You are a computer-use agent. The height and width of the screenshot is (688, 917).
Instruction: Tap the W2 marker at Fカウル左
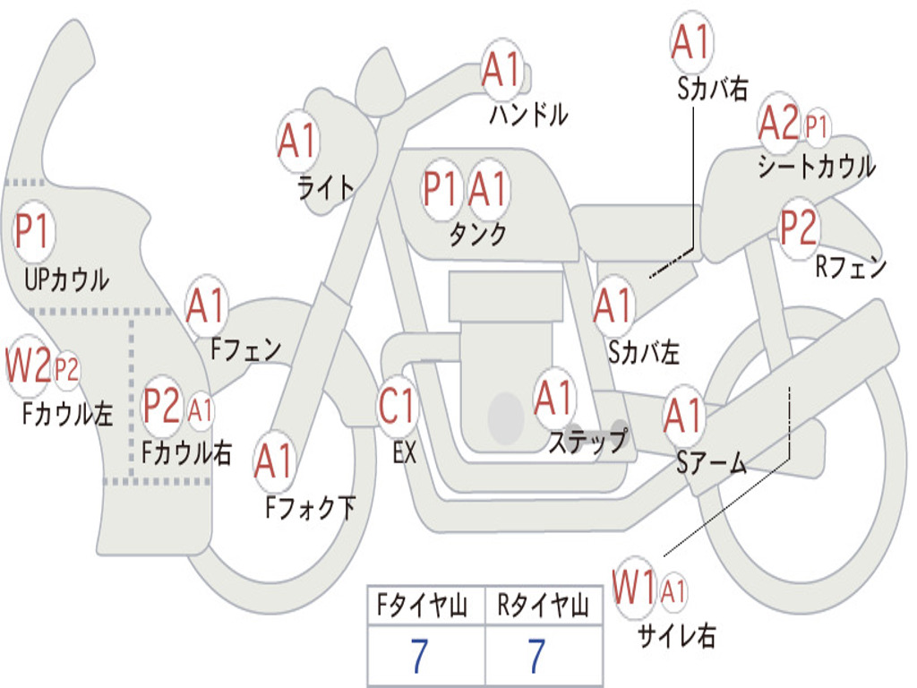[28, 366]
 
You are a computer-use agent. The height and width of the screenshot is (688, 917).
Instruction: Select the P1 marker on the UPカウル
[34, 233]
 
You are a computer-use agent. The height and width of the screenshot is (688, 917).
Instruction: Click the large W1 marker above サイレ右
[635, 589]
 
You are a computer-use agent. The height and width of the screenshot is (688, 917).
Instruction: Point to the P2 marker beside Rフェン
[798, 228]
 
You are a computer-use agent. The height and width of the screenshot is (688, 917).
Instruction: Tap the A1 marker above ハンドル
[501, 70]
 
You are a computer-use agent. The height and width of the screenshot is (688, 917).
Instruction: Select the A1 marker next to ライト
[297, 141]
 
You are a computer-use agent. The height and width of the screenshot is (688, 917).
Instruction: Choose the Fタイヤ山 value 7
[420, 657]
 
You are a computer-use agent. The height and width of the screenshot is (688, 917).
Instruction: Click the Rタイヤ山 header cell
[543, 606]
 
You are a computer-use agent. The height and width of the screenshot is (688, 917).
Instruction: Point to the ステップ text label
[587, 441]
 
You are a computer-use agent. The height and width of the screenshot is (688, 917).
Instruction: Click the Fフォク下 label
[310, 508]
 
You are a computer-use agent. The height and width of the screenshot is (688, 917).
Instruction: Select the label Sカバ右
[713, 88]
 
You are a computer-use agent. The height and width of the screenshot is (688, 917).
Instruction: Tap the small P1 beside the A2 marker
[817, 126]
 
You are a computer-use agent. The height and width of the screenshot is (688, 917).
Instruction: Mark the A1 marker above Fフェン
[207, 306]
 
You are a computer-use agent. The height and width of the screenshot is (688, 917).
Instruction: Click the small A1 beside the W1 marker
[674, 590]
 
